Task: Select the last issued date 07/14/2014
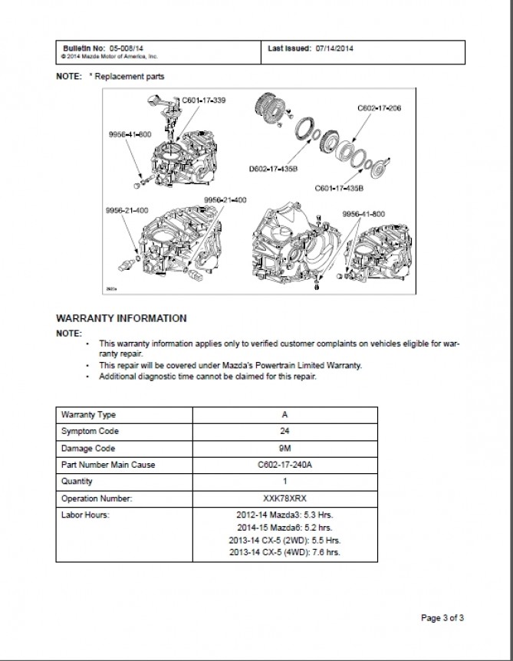(x=334, y=48)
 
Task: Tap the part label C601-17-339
(x=204, y=100)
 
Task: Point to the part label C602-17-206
(x=380, y=109)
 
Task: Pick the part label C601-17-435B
(x=339, y=187)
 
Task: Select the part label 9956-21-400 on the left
(x=128, y=209)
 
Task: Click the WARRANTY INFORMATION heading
(x=121, y=317)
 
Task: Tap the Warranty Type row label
(x=88, y=415)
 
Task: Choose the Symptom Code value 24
(x=284, y=432)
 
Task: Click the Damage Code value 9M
(x=284, y=448)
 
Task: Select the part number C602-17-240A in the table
(x=284, y=465)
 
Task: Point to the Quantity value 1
(x=284, y=482)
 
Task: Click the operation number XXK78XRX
(x=284, y=498)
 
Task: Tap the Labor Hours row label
(x=85, y=515)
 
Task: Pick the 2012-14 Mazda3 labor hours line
(x=284, y=515)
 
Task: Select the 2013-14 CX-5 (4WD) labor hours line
(x=284, y=552)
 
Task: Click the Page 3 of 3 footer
(x=443, y=617)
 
